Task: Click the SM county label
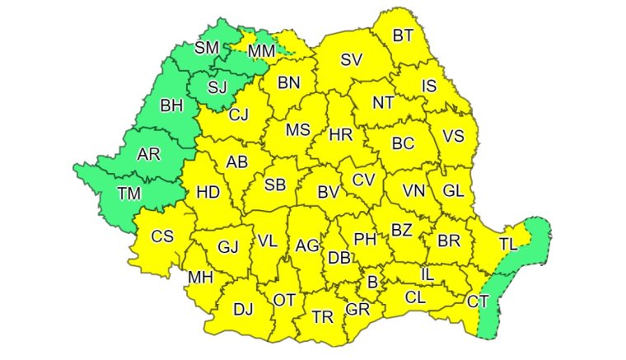tap(207, 47)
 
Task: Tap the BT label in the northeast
tap(403, 35)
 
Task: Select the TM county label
tap(129, 194)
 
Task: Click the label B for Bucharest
tap(372, 283)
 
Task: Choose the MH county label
tap(200, 278)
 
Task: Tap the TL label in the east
tap(507, 243)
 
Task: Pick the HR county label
tap(341, 133)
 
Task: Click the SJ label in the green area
tap(217, 86)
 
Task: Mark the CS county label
tap(162, 236)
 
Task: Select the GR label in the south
tap(357, 309)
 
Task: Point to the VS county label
tap(454, 136)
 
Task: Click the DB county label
tap(339, 258)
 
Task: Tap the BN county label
tap(289, 82)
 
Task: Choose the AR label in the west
tap(148, 154)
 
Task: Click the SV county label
tap(352, 59)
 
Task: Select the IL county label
tap(427, 273)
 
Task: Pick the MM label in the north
tap(261, 52)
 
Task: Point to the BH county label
tap(171, 105)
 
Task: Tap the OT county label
tap(284, 301)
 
